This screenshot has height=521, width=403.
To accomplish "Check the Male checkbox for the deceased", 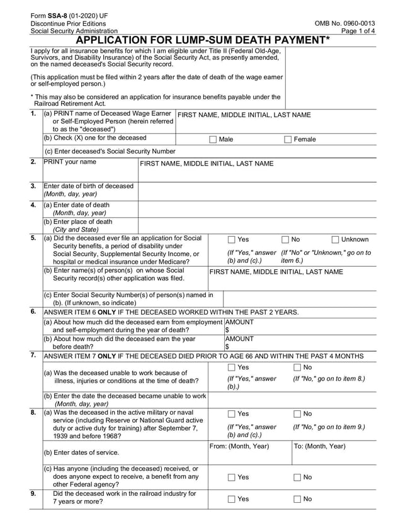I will point(213,139).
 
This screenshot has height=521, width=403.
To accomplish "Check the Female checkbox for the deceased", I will point(288,139).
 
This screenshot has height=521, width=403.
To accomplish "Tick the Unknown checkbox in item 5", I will point(335,240).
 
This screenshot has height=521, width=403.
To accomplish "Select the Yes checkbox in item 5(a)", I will point(231,240).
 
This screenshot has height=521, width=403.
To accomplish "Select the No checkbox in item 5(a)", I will point(285,240).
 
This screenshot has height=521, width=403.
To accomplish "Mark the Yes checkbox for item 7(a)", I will point(231,367).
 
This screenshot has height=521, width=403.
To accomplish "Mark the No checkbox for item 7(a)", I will point(297,367).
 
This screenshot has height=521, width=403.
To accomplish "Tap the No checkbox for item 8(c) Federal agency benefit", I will point(297,478).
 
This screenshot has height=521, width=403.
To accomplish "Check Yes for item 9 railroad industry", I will point(231,499).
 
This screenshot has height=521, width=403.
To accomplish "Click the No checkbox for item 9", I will point(297,499).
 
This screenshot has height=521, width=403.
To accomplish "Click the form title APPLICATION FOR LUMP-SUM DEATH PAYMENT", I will point(202,40).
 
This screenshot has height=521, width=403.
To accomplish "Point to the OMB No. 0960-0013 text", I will point(345,23).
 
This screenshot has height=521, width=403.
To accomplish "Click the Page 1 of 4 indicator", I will point(358,31).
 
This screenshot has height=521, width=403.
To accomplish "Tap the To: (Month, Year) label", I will point(320,446).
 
